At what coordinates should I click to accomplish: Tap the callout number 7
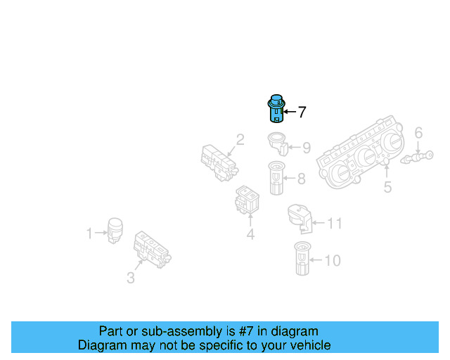click(x=302, y=112)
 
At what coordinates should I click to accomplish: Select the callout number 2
click(x=240, y=140)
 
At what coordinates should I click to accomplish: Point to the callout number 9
click(x=306, y=148)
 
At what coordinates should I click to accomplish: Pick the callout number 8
click(x=301, y=179)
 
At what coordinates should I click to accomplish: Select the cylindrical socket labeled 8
click(x=276, y=179)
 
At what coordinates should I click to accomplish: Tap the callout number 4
click(x=250, y=234)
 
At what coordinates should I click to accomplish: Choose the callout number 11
click(x=335, y=224)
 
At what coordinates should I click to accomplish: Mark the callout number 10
click(x=332, y=261)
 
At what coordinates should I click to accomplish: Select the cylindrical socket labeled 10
click(x=302, y=259)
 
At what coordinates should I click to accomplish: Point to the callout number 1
click(x=89, y=233)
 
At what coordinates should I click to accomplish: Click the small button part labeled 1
click(x=114, y=230)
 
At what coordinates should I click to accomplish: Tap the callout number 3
click(x=131, y=278)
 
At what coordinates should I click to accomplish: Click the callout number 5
click(x=387, y=187)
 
